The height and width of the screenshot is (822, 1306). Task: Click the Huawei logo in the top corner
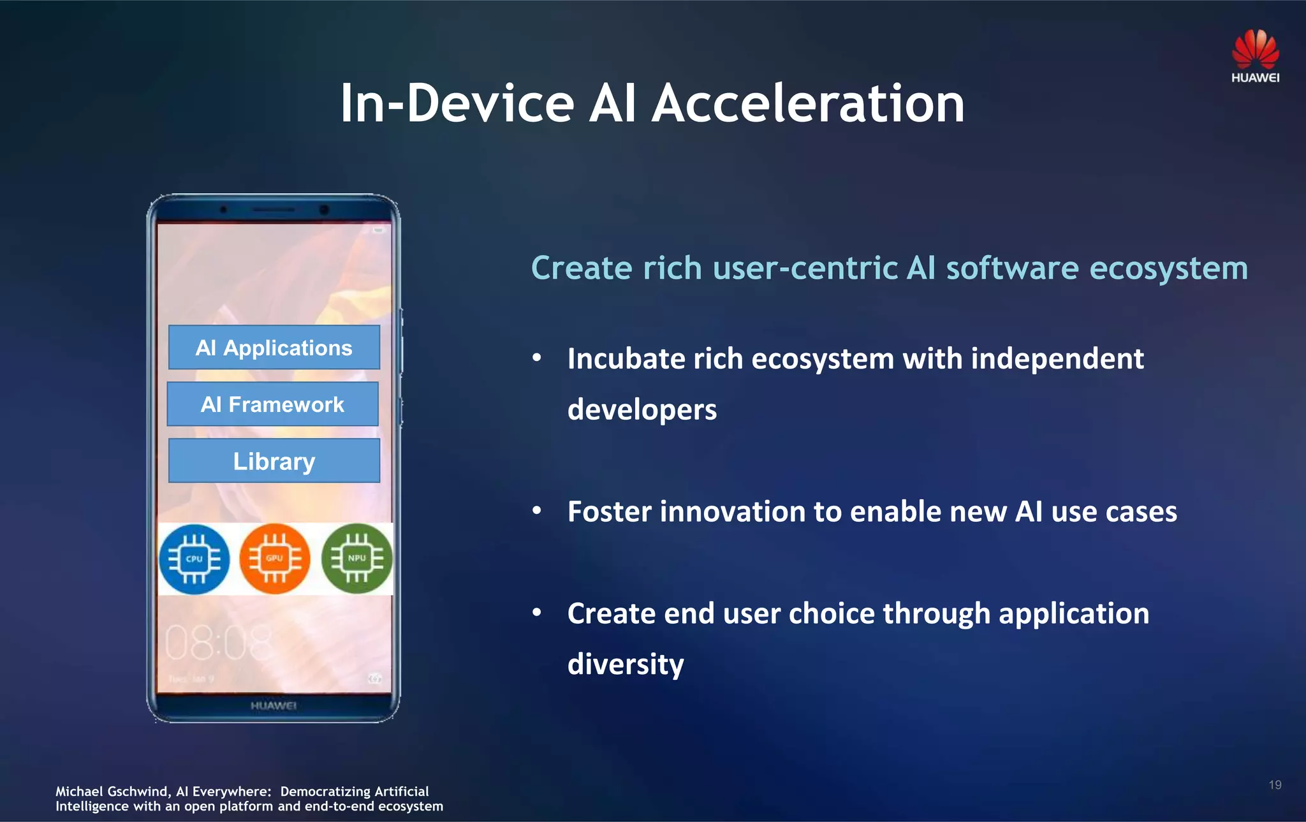[x=1255, y=56]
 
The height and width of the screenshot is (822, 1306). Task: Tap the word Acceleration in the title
[x=808, y=103]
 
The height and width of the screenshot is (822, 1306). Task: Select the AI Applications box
[x=274, y=348]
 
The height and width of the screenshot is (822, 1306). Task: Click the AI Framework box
[x=273, y=404]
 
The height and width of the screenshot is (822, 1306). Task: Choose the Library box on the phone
[x=274, y=460]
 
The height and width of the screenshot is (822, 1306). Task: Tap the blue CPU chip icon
[x=194, y=559]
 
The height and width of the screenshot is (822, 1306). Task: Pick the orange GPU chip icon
[x=275, y=559]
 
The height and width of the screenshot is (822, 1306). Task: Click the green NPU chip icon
[x=356, y=559]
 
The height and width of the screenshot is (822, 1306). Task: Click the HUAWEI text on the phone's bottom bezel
[x=274, y=705]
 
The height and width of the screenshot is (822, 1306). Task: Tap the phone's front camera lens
[x=324, y=210]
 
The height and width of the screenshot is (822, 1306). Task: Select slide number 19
[x=1275, y=785]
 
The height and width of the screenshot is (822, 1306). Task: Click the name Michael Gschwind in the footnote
[x=112, y=791]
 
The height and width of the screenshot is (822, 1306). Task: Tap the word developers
[x=642, y=409]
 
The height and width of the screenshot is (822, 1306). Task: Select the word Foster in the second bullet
[x=609, y=511]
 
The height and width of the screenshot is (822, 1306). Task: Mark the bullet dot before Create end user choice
[x=537, y=613]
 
